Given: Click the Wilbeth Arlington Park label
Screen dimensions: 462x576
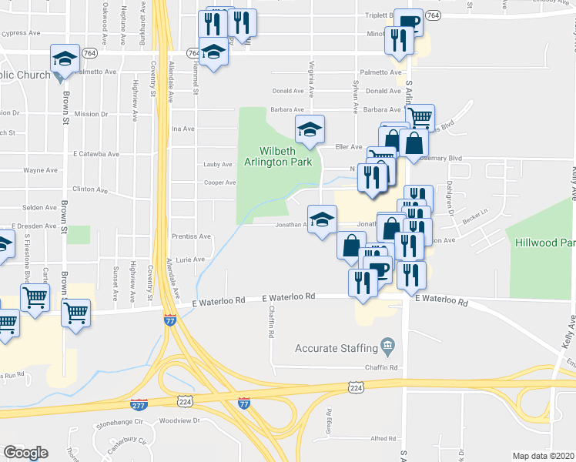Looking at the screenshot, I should point(278,156).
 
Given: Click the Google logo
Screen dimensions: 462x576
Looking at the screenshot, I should point(25,453).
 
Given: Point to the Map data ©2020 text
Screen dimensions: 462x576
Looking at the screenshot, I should point(543,456).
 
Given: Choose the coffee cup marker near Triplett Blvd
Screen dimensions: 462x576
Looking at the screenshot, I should point(408,21).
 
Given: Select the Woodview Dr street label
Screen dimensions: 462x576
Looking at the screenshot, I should point(179,421).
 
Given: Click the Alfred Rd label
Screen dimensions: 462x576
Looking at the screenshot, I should point(383,438).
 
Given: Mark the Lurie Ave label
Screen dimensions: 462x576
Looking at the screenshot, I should point(189,260).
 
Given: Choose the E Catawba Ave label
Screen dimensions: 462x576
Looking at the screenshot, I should point(97,154).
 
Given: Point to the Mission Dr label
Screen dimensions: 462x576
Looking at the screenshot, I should point(91,114).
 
